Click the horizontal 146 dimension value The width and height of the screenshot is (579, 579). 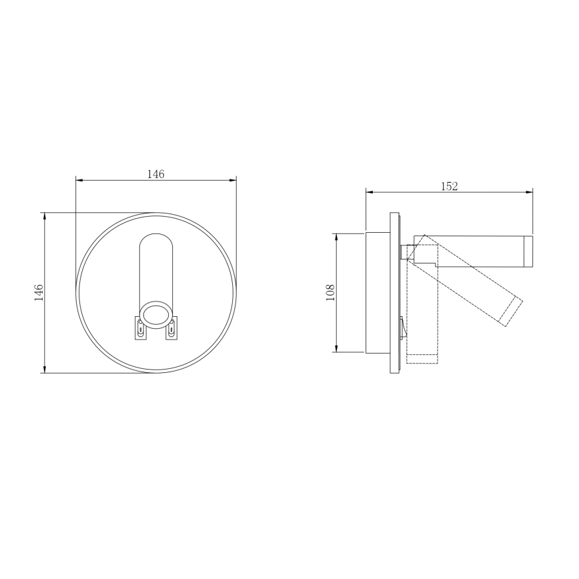[155, 174]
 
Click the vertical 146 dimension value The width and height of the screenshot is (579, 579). [39, 292]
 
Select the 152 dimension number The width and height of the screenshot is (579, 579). [450, 187]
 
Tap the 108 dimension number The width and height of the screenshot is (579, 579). [330, 292]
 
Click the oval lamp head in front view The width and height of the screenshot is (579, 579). [156, 314]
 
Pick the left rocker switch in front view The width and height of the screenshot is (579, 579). [140, 328]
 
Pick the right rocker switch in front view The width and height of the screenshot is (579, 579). [172, 328]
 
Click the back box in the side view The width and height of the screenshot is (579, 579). [377, 292]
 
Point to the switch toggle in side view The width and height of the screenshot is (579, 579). [402, 326]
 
